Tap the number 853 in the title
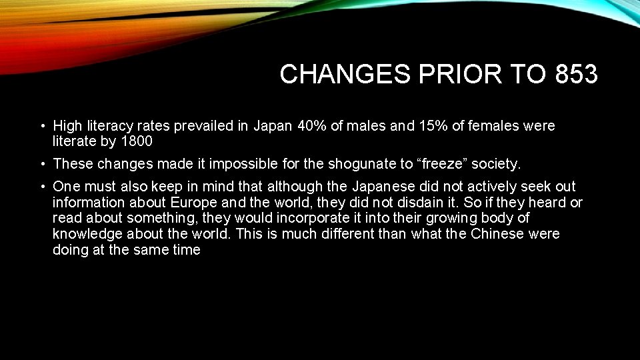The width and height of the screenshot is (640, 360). (x=575, y=75)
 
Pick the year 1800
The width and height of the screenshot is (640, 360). (x=137, y=141)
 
